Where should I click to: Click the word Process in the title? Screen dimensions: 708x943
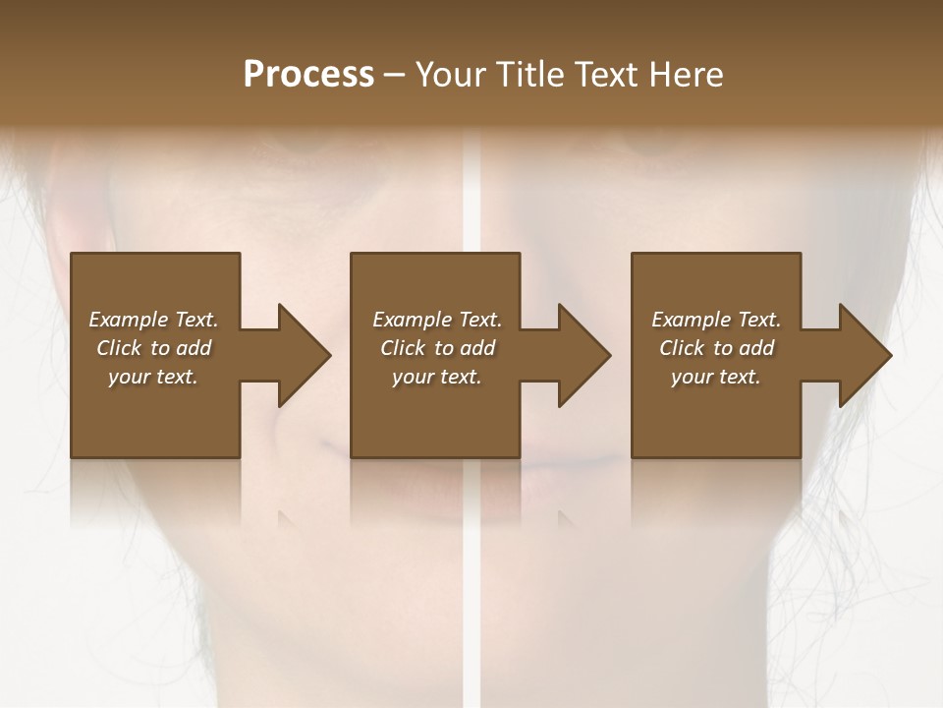tap(308, 75)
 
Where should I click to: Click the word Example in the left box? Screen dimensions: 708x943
tap(128, 320)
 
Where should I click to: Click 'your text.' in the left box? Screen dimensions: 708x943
tap(153, 377)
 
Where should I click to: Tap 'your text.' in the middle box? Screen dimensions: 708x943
tap(437, 377)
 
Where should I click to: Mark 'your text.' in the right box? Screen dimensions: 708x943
tap(716, 377)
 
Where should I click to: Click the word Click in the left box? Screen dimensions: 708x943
tap(119, 348)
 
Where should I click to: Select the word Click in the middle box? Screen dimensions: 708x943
tap(403, 348)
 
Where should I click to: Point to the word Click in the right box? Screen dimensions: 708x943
tap(682, 348)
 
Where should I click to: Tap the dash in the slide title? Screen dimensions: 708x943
tap(395, 76)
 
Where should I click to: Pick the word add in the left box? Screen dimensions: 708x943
tap(194, 348)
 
